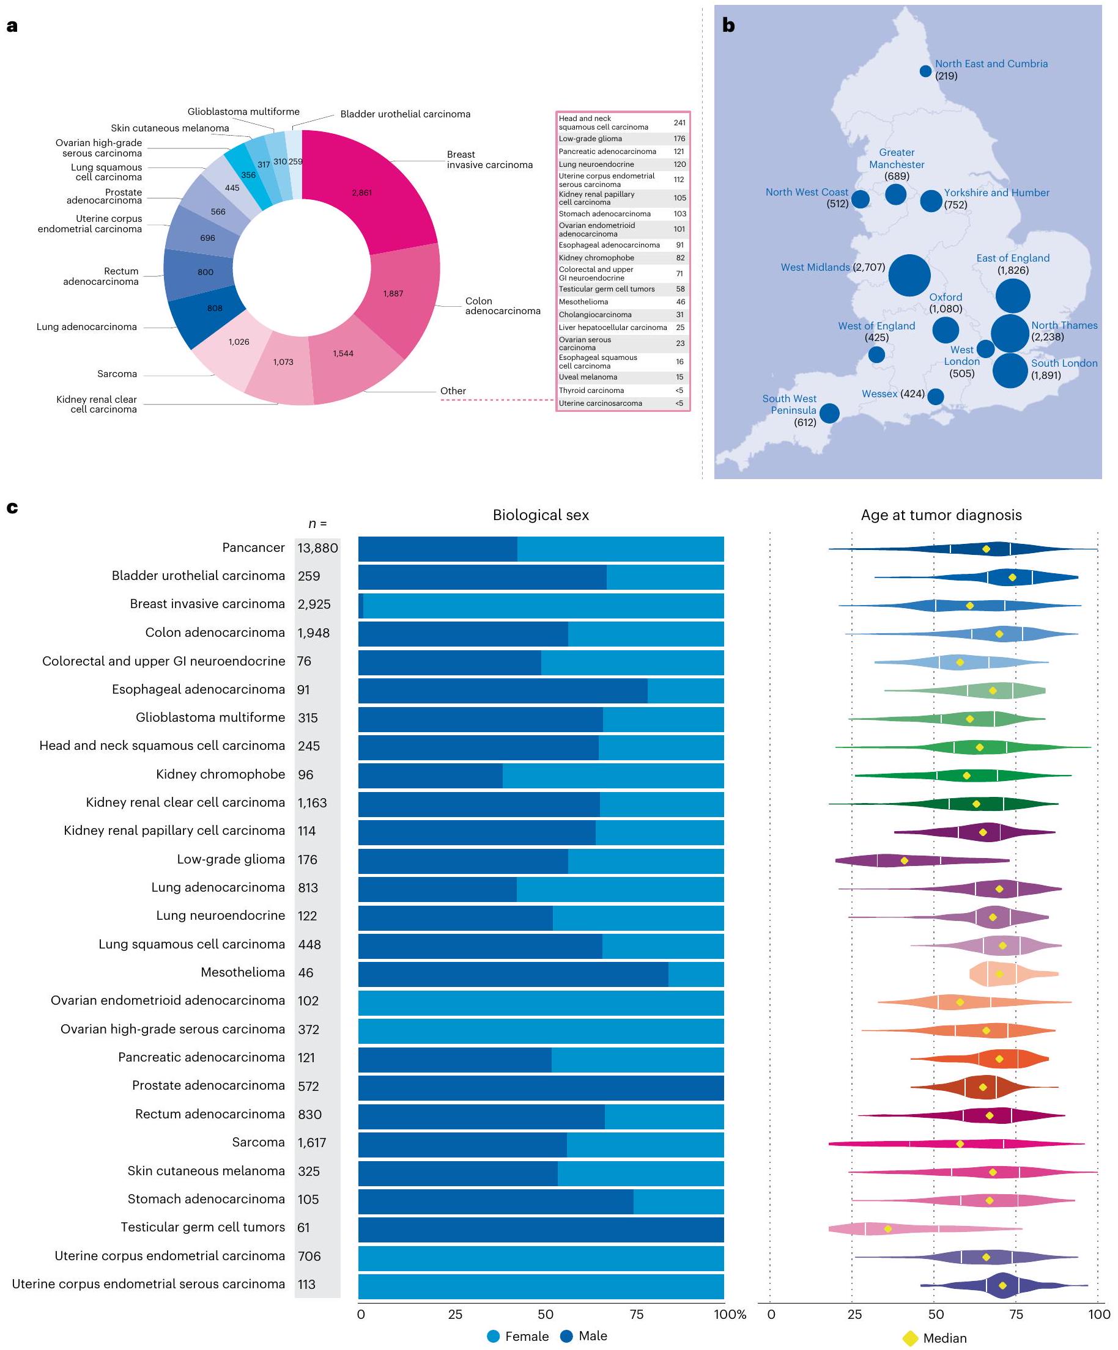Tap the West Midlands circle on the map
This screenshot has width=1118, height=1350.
[x=908, y=275]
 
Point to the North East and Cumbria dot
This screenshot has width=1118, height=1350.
[x=925, y=72]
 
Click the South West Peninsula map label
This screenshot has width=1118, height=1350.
[x=790, y=410]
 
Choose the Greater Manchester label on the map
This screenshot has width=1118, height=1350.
[x=896, y=164]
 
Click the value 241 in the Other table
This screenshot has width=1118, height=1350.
[x=679, y=123]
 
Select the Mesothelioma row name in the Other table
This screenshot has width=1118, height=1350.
[x=583, y=302]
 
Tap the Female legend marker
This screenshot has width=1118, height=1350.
[x=494, y=1336]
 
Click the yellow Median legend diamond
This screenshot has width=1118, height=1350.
[x=909, y=1338]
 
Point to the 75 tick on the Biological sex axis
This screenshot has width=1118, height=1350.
[x=636, y=1314]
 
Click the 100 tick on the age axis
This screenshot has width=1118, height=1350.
[x=1098, y=1314]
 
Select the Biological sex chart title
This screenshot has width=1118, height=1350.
[x=540, y=515]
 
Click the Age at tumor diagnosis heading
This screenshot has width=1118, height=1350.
[x=941, y=515]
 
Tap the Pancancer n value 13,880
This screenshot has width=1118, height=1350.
[x=317, y=548]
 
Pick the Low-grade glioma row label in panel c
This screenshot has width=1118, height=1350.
[x=231, y=859]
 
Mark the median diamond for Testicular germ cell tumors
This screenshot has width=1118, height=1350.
[x=887, y=1228]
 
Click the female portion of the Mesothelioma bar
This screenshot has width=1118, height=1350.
[x=695, y=975]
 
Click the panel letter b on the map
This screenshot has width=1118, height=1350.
[x=728, y=25]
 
